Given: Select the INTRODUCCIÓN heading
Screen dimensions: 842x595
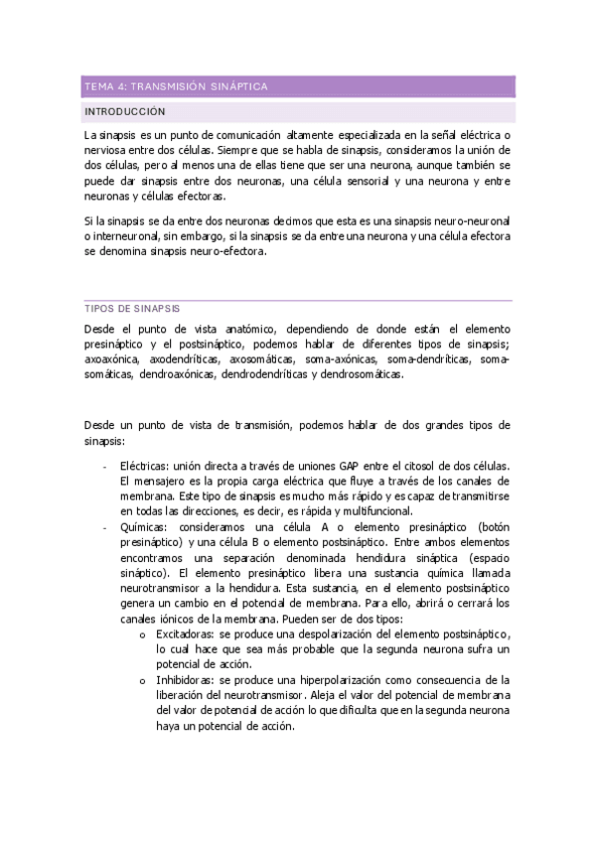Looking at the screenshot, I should (125, 112).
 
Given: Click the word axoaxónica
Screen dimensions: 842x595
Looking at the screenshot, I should (113, 358).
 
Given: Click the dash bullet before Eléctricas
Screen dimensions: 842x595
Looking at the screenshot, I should (104, 467).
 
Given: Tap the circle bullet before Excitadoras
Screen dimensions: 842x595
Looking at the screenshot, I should (144, 634).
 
